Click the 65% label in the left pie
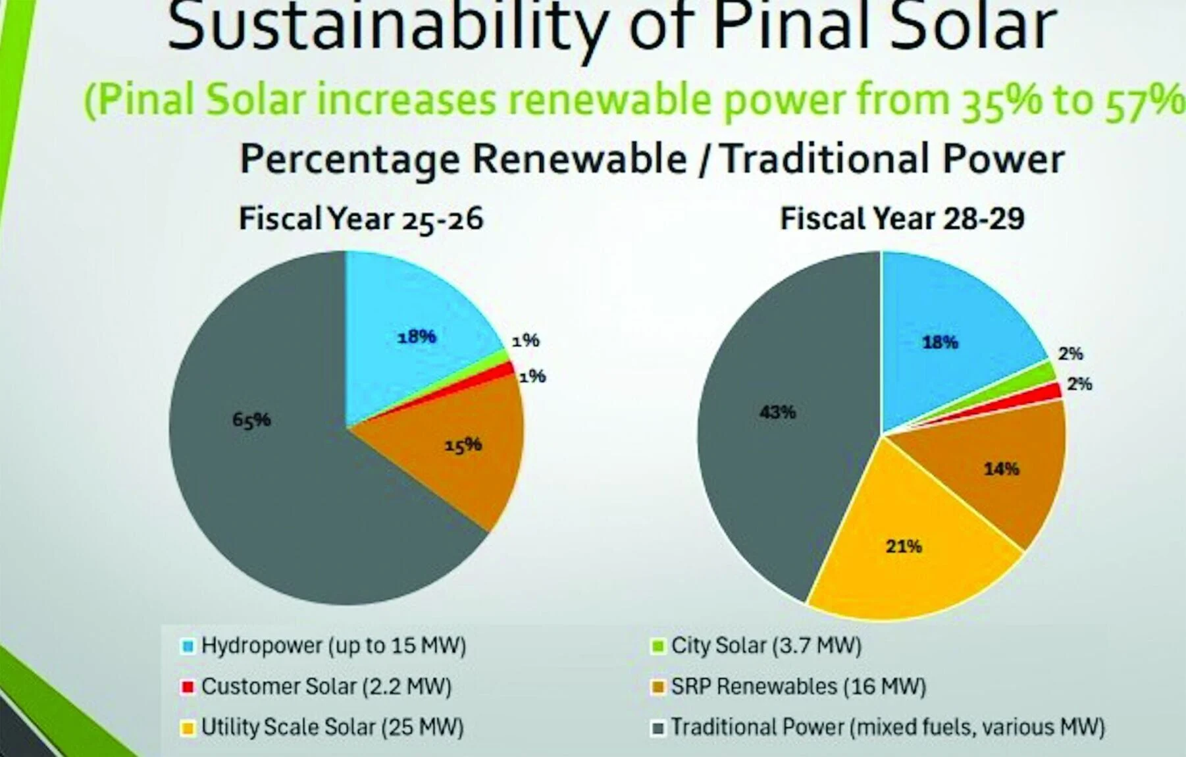[x=251, y=420]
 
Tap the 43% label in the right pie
[x=777, y=413]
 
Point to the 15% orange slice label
[x=463, y=446]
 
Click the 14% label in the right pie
[x=1001, y=469]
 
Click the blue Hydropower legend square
[x=188, y=646]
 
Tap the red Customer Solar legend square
[x=188, y=687]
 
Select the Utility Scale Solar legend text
[x=332, y=727]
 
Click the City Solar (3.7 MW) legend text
[x=766, y=646]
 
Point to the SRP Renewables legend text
[x=798, y=687]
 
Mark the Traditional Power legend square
[x=657, y=728]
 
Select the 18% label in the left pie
[x=417, y=337]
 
